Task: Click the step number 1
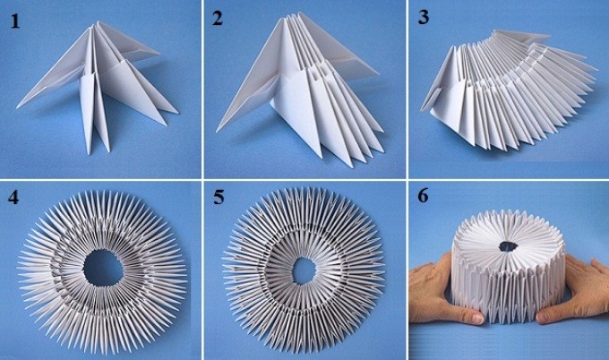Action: click(14, 21)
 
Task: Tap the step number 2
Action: click(218, 19)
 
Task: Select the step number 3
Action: click(423, 18)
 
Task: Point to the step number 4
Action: click(13, 197)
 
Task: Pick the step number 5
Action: click(219, 197)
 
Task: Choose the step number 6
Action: click(423, 196)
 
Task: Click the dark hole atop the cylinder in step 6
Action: click(508, 246)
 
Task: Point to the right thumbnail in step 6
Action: click(545, 317)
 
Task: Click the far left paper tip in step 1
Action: click(17, 107)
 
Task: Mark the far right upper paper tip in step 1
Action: click(159, 53)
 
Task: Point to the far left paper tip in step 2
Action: click(217, 131)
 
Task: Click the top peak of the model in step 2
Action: click(290, 18)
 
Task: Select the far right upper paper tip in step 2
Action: click(378, 73)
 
